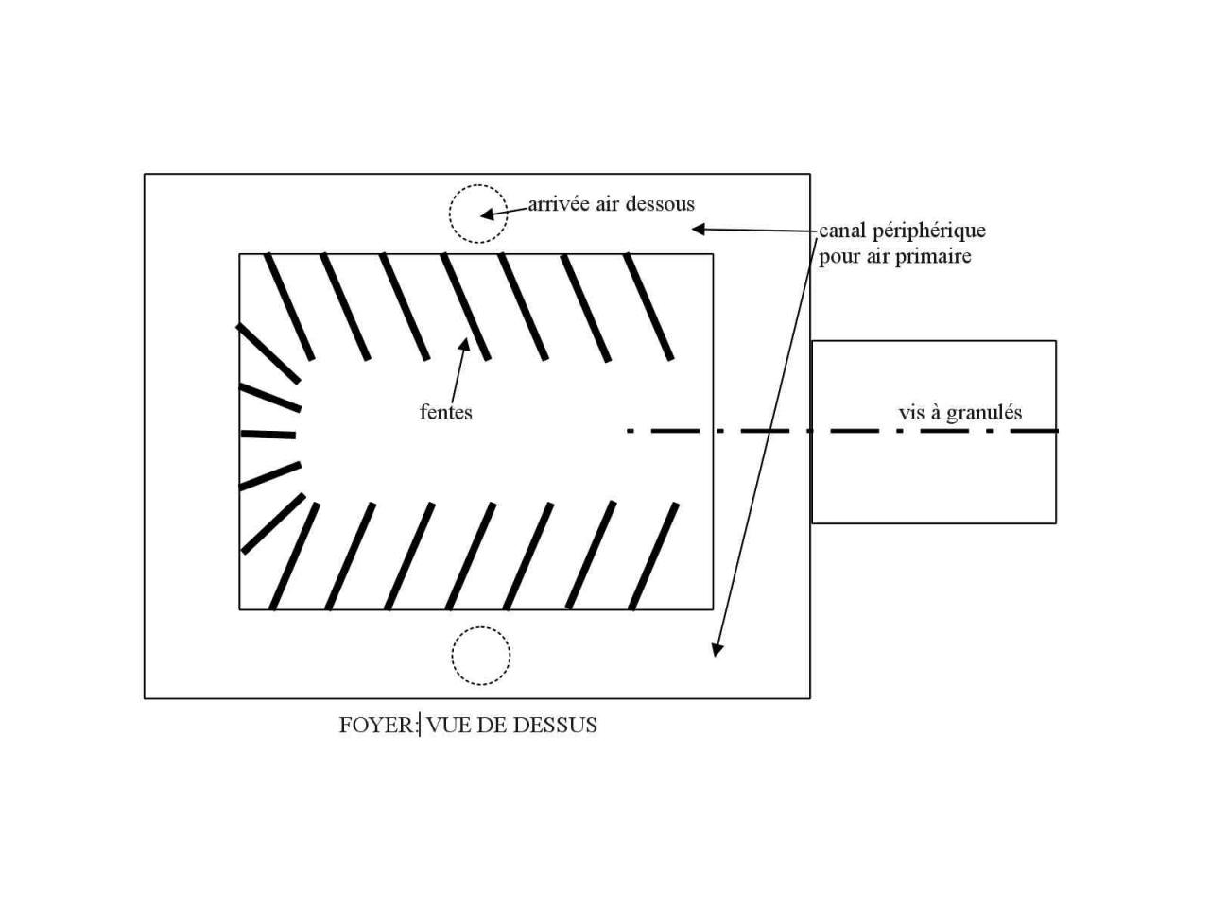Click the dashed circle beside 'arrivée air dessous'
(477, 214)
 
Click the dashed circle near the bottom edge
(480, 655)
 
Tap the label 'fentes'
(445, 412)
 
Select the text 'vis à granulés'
(959, 412)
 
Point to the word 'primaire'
(936, 256)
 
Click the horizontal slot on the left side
(268, 435)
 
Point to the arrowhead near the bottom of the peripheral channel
(717, 649)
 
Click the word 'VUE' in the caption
(447, 725)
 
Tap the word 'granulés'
(984, 412)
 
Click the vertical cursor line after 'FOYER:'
(420, 725)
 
